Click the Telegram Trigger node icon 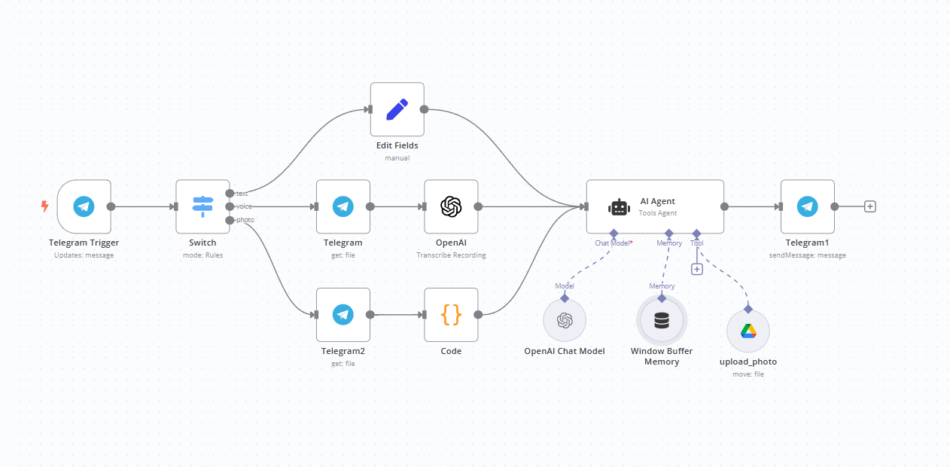pos(84,206)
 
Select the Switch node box pos(202,206)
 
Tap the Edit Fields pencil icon pos(397,109)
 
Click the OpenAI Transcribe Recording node pos(451,206)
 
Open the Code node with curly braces pos(451,315)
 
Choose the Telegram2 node pos(343,315)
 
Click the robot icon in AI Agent pos(619,207)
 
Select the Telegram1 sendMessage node pos(808,206)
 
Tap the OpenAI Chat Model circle pos(565,320)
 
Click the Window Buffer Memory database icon pos(662,321)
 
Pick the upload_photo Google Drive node pos(748,331)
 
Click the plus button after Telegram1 pos(870,206)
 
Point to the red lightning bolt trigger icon pos(44,206)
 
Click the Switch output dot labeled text pos(230,194)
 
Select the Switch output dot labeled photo pos(230,220)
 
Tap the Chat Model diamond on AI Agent pos(614,233)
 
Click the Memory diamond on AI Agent pos(668,233)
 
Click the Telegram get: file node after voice pos(343,206)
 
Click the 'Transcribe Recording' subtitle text pos(451,255)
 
